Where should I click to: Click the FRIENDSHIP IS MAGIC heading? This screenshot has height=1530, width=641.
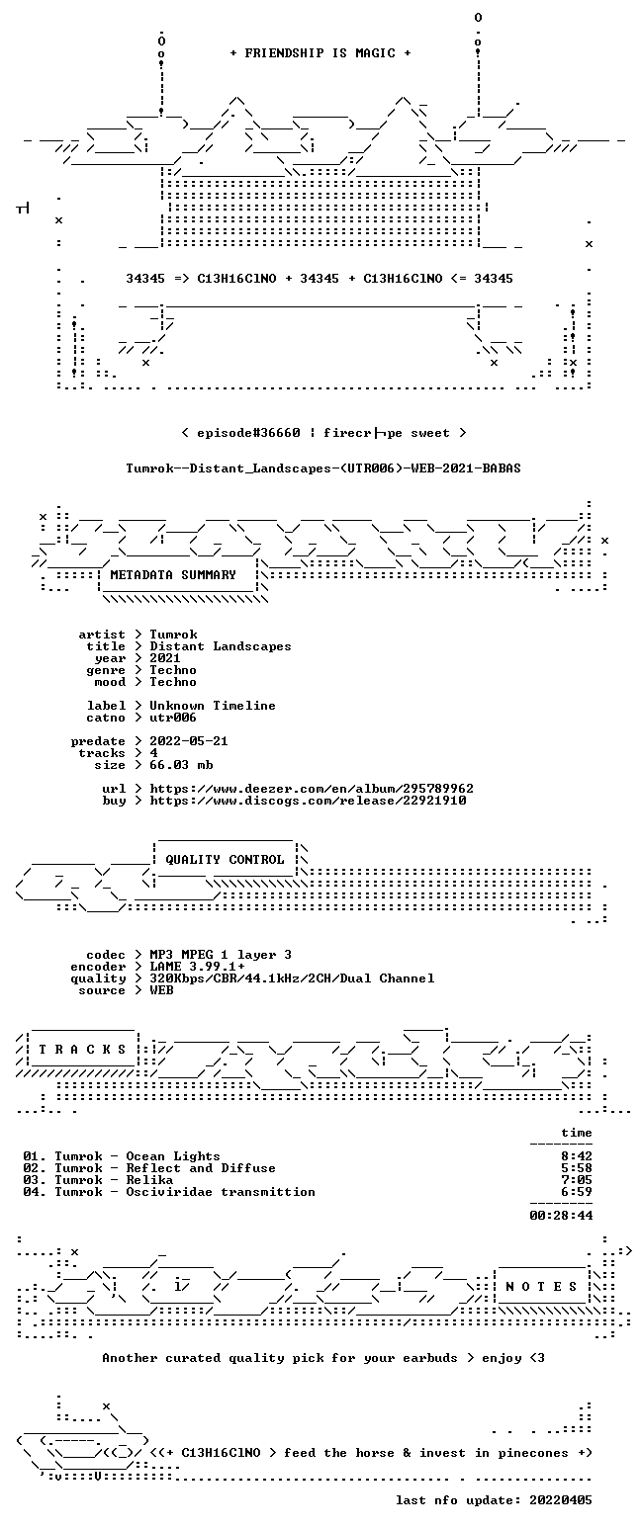(x=320, y=53)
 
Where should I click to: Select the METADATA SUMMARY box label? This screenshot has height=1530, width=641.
(x=173, y=575)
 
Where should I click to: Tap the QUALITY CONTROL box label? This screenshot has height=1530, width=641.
(x=225, y=860)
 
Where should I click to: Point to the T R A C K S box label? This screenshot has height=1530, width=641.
(x=83, y=1050)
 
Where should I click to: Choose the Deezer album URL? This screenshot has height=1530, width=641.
(x=312, y=789)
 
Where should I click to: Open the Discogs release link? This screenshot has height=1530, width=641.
(x=309, y=801)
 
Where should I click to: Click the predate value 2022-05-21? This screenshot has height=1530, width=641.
(x=189, y=741)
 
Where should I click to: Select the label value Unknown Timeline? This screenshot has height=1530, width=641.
(x=213, y=706)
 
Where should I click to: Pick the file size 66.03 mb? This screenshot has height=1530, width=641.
(x=181, y=765)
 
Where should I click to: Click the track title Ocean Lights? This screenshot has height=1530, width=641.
(x=173, y=1156)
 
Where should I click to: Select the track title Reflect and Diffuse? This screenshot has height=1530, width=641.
(x=200, y=1168)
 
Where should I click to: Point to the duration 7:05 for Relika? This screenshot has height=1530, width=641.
(x=576, y=1180)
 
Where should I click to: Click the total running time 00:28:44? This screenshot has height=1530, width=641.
(x=561, y=1215)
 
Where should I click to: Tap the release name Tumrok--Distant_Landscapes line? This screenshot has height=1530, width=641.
(x=323, y=468)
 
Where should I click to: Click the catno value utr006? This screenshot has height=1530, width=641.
(x=173, y=718)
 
